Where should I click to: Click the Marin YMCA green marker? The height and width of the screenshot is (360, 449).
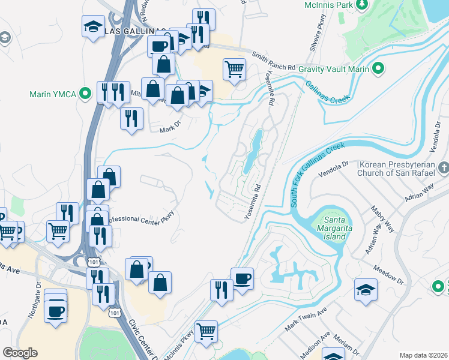pos(85,94)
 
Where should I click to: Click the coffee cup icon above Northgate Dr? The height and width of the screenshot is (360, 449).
pos(56,311)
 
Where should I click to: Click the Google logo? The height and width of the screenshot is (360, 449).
pos(20,353)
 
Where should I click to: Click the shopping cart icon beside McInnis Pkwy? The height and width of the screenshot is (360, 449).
pos(206,330)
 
